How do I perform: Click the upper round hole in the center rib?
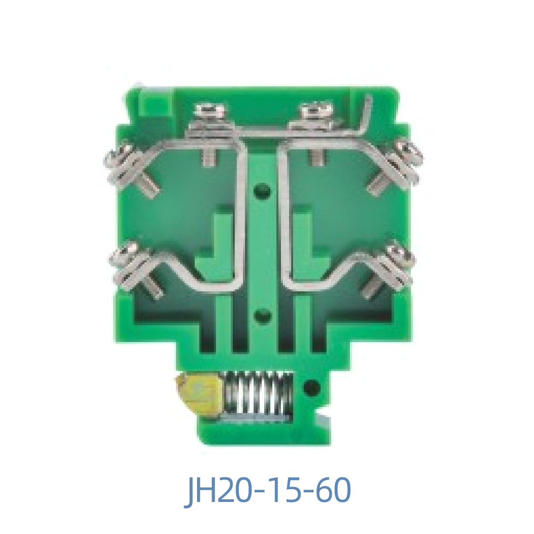(262, 190)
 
